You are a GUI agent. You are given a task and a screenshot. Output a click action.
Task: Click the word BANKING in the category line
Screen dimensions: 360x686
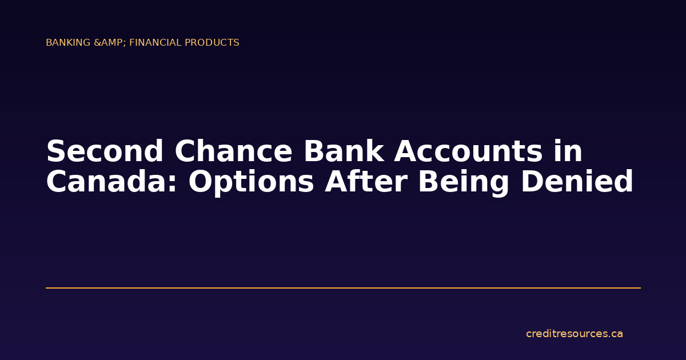68,43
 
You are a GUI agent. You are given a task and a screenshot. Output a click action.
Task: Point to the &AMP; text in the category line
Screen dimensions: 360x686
109,43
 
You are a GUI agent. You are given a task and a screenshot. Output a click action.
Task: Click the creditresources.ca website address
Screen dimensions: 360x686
574,334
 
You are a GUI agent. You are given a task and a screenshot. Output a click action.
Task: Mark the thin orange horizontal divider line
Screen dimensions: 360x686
343,288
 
